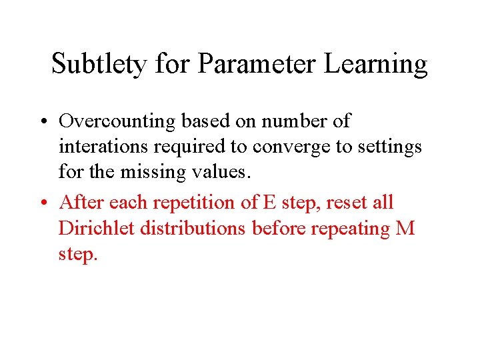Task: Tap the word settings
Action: [389, 147]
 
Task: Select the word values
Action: [219, 172]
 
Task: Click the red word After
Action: [81, 203]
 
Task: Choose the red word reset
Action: [345, 203]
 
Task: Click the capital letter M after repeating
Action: [405, 228]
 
